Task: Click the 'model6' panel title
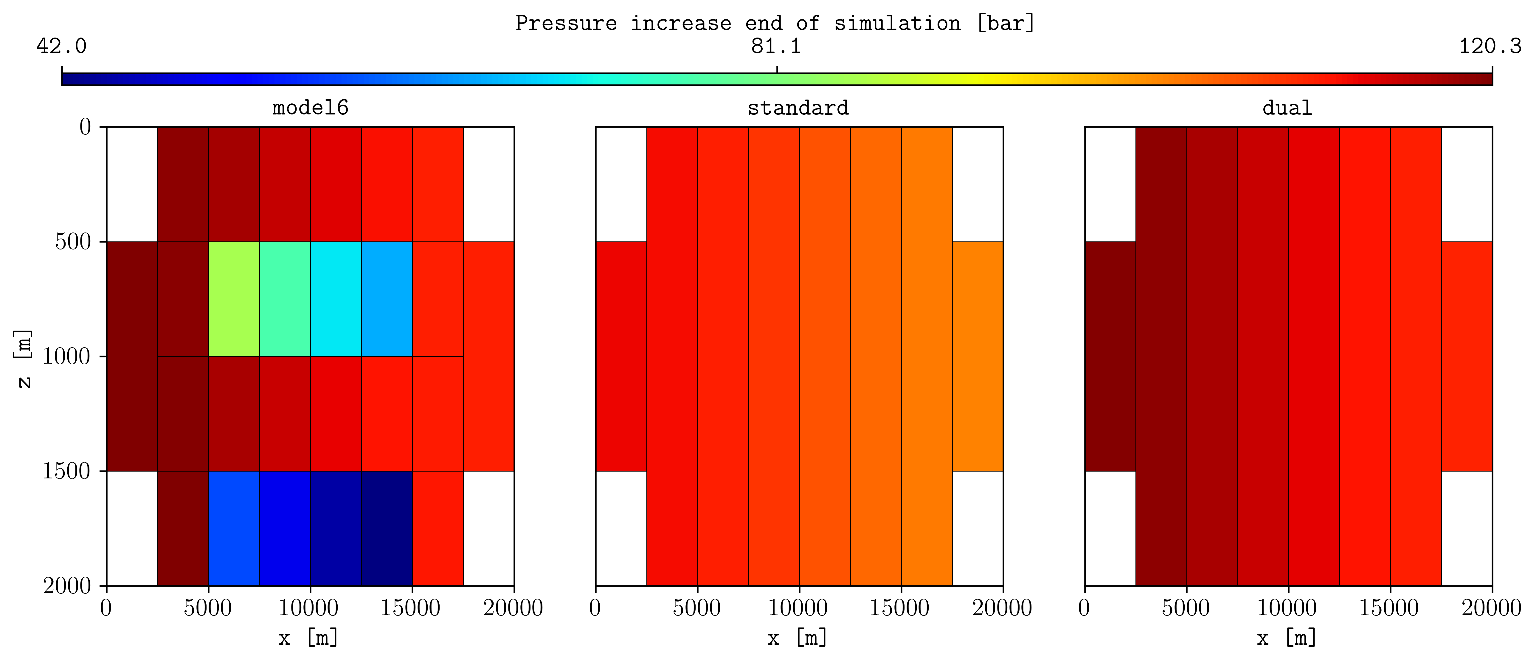pyautogui.click(x=310, y=108)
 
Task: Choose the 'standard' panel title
pyautogui.click(x=798, y=108)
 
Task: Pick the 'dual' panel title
pyautogui.click(x=1287, y=108)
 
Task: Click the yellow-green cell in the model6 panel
pyautogui.click(x=234, y=299)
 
